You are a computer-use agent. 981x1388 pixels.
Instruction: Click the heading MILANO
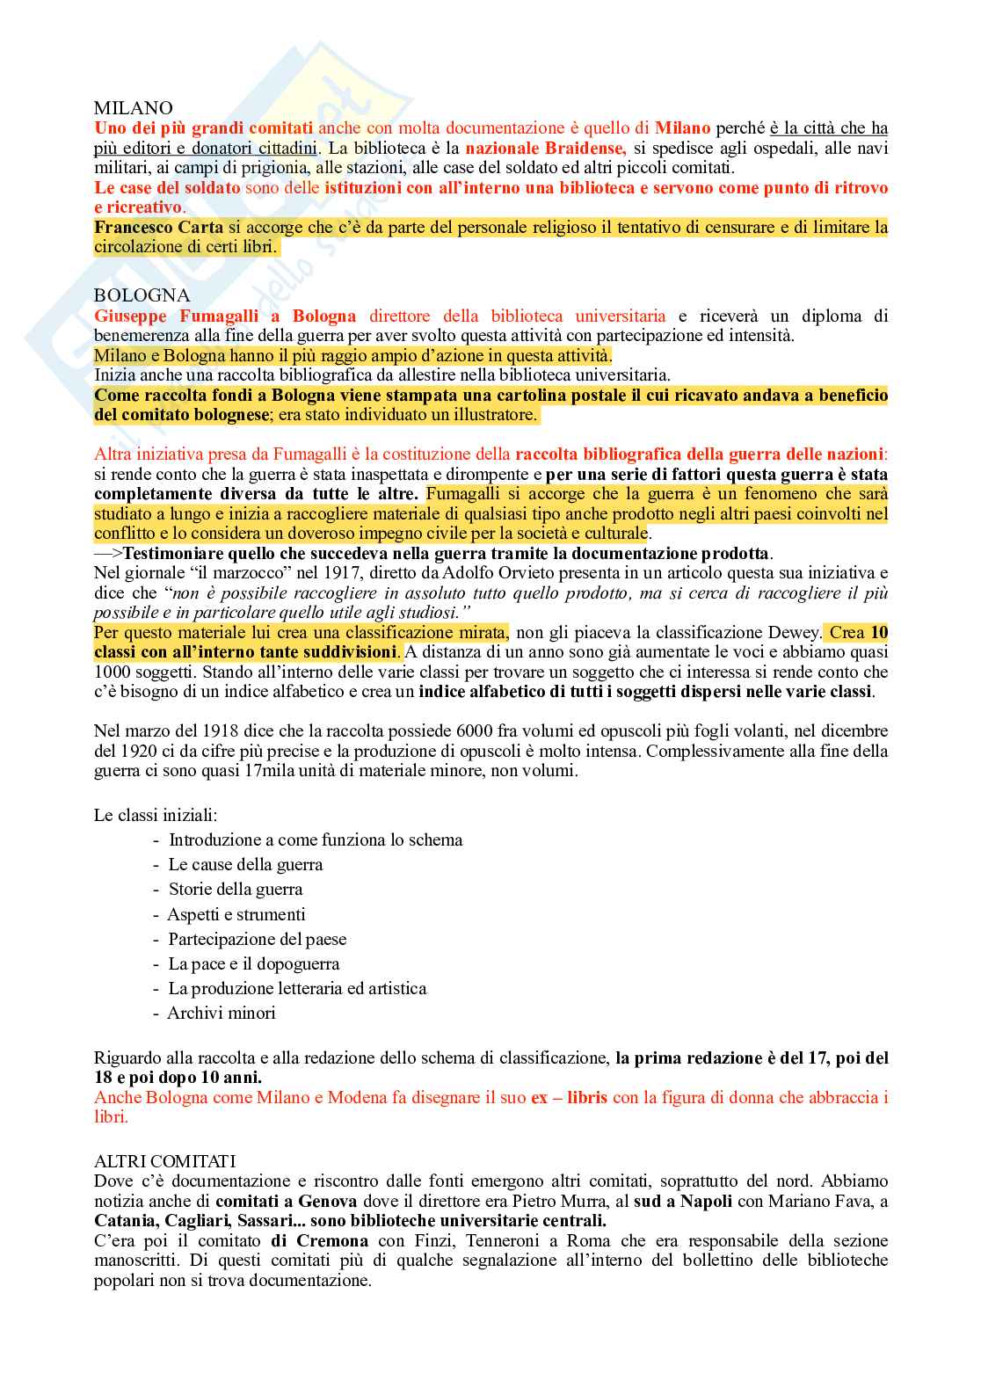(133, 108)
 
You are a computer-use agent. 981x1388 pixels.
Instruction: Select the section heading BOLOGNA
(142, 295)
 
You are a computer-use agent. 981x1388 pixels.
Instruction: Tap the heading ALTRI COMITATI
(164, 1161)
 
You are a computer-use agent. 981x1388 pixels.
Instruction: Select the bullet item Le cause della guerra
(245, 864)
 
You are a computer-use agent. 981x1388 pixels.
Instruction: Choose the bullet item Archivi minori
(222, 1013)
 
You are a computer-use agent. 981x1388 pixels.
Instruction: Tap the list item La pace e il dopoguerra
(253, 963)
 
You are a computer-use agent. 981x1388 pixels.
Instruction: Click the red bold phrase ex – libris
(570, 1097)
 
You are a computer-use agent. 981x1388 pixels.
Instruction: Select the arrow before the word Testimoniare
(108, 554)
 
